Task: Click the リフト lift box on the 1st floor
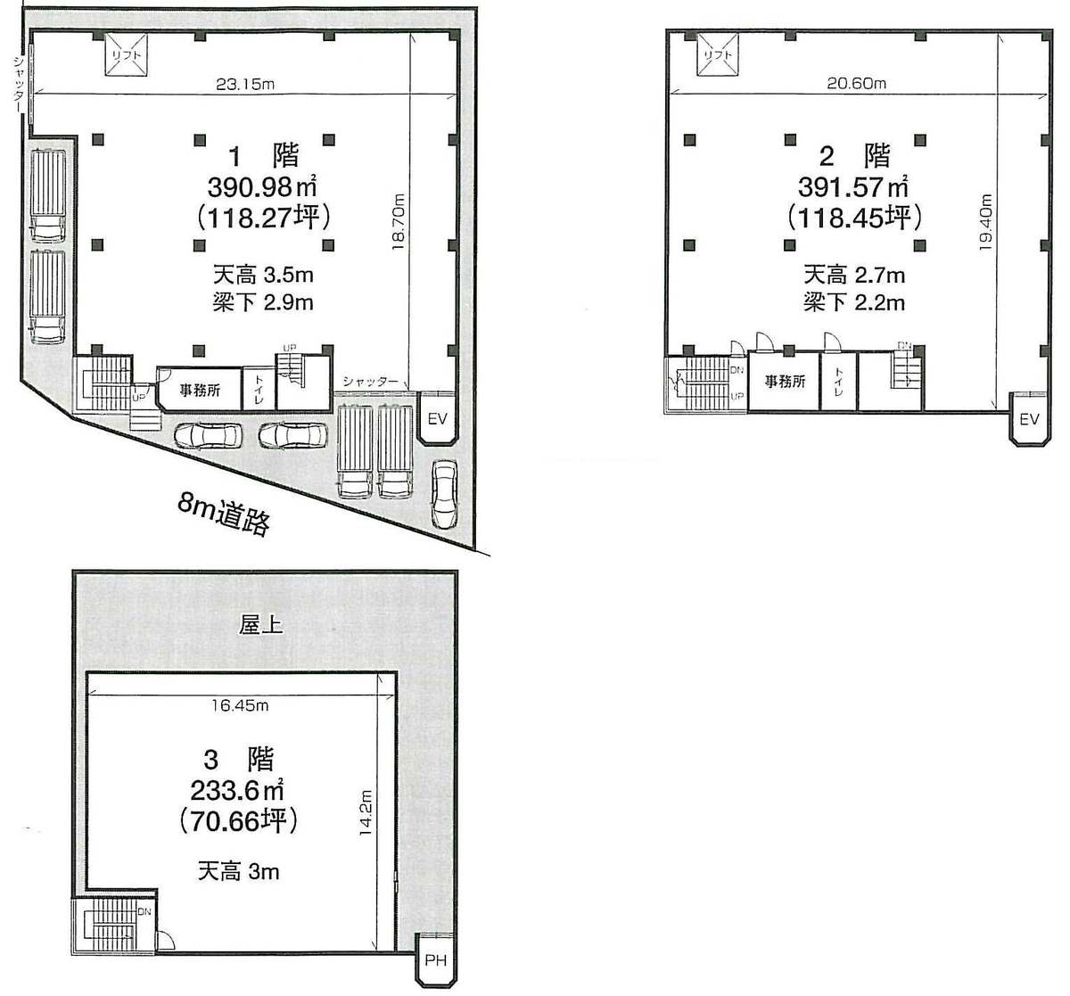point(126,54)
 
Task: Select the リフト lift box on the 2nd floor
point(718,54)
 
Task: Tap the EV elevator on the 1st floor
point(437,418)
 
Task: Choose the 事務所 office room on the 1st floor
point(200,390)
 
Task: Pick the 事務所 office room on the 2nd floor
point(785,382)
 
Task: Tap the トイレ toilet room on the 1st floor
point(259,389)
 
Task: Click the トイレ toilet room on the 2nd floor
point(839,382)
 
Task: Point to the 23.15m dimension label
point(245,84)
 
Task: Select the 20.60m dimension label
point(857,84)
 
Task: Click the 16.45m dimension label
point(240,705)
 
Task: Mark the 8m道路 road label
point(224,514)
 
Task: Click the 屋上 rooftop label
point(260,625)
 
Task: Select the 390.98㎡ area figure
point(262,186)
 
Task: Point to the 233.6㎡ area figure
point(237,791)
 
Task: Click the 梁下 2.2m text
point(854,302)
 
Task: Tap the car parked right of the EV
point(445,494)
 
